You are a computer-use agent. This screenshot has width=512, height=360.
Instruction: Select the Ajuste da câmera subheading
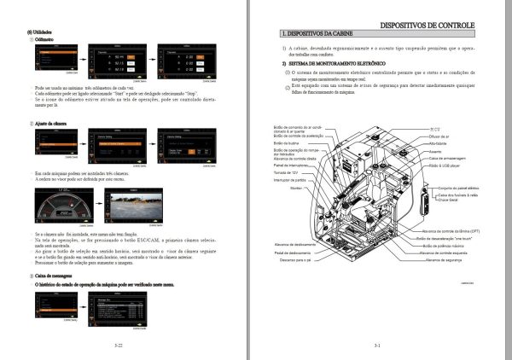pos(51,124)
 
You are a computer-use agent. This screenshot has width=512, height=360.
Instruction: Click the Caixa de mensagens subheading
pos(55,277)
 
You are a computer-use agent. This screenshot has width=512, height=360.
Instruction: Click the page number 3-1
pos(377,345)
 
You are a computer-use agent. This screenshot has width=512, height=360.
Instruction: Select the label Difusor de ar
pos(441,136)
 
